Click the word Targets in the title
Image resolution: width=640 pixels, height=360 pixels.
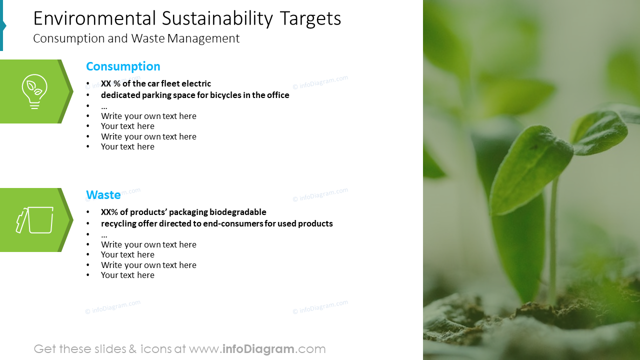click(x=310, y=18)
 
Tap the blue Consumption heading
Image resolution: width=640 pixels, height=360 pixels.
click(x=123, y=66)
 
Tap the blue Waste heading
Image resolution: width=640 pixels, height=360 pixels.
click(x=103, y=195)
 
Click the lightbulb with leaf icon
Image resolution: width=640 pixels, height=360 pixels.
click(x=34, y=91)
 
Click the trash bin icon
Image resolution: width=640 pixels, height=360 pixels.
click(x=35, y=220)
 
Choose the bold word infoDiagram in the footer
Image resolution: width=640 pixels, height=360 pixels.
click(x=258, y=349)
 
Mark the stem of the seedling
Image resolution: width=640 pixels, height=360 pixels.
click(x=553, y=240)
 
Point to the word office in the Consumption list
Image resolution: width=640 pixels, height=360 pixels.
click(x=277, y=95)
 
